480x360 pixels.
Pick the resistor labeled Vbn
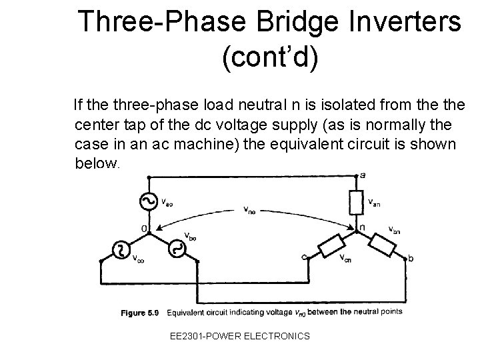click(x=385, y=241)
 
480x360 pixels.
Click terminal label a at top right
click(x=362, y=175)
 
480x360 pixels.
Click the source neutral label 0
click(x=143, y=229)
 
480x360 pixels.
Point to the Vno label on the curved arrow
click(x=248, y=211)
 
